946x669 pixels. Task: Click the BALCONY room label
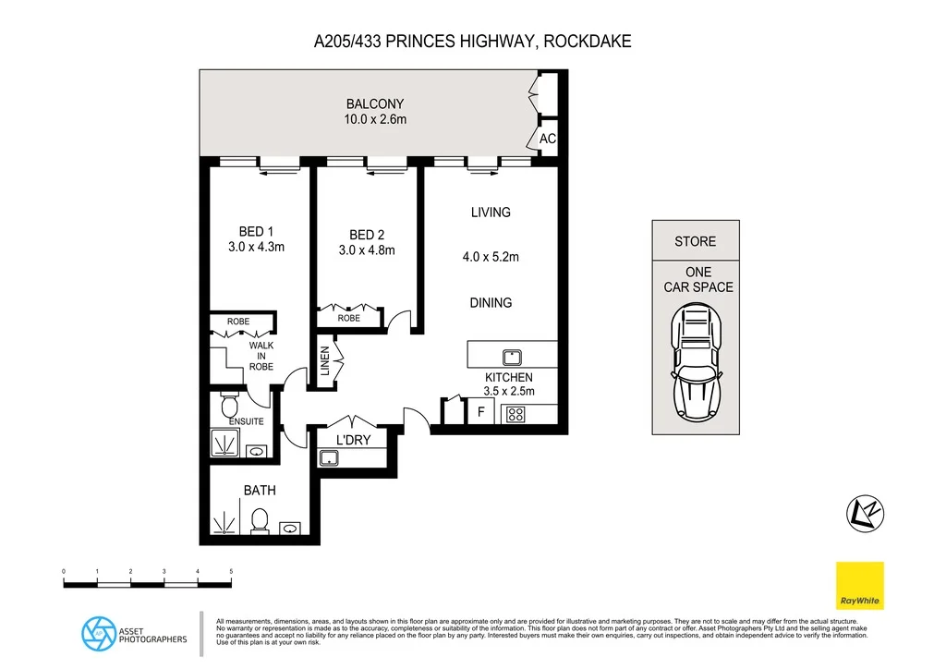(375, 104)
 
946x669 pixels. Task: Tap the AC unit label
(547, 139)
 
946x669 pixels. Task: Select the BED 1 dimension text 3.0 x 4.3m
(256, 247)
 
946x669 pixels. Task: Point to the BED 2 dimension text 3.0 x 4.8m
(367, 250)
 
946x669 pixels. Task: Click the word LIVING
(491, 213)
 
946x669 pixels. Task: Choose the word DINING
(491, 303)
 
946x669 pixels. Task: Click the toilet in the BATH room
(260, 520)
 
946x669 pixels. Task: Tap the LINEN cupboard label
(325, 359)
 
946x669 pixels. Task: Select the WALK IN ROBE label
(261, 356)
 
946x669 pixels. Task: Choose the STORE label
(695, 241)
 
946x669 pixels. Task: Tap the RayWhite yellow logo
(859, 586)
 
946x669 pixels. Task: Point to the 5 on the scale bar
(231, 573)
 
